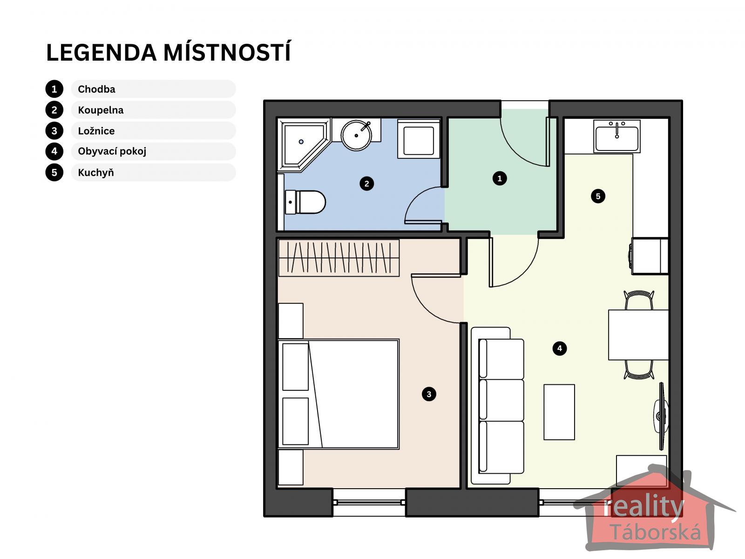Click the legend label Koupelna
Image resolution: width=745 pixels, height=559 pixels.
pyautogui.click(x=101, y=110)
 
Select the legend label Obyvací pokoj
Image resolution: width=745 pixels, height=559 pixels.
pyautogui.click(x=112, y=151)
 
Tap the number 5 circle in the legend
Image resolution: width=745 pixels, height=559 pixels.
pyautogui.click(x=54, y=172)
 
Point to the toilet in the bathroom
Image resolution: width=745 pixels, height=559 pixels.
pyautogui.click(x=305, y=202)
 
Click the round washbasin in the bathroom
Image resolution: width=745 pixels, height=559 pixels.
pyautogui.click(x=356, y=135)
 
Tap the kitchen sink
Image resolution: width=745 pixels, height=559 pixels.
pyautogui.click(x=616, y=136)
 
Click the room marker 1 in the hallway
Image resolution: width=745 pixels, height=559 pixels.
pyautogui.click(x=500, y=178)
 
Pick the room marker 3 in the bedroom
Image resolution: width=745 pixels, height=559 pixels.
pyautogui.click(x=429, y=394)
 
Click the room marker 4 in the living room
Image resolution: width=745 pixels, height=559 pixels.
pyautogui.click(x=559, y=348)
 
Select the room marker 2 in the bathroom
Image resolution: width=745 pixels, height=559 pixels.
pyautogui.click(x=366, y=184)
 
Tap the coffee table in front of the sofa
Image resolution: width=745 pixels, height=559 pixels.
pyautogui.click(x=559, y=412)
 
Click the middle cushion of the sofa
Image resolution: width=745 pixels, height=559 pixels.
pyautogui.click(x=501, y=400)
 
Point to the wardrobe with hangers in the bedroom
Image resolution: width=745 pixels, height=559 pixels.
pyautogui.click(x=339, y=258)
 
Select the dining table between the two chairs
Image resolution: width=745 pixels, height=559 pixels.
pyautogui.click(x=638, y=334)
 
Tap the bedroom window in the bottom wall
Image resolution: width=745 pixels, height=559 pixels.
pyautogui.click(x=369, y=502)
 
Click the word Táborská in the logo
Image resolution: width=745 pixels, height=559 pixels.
pyautogui.click(x=656, y=532)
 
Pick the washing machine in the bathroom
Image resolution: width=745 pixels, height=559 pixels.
pyautogui.click(x=419, y=139)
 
